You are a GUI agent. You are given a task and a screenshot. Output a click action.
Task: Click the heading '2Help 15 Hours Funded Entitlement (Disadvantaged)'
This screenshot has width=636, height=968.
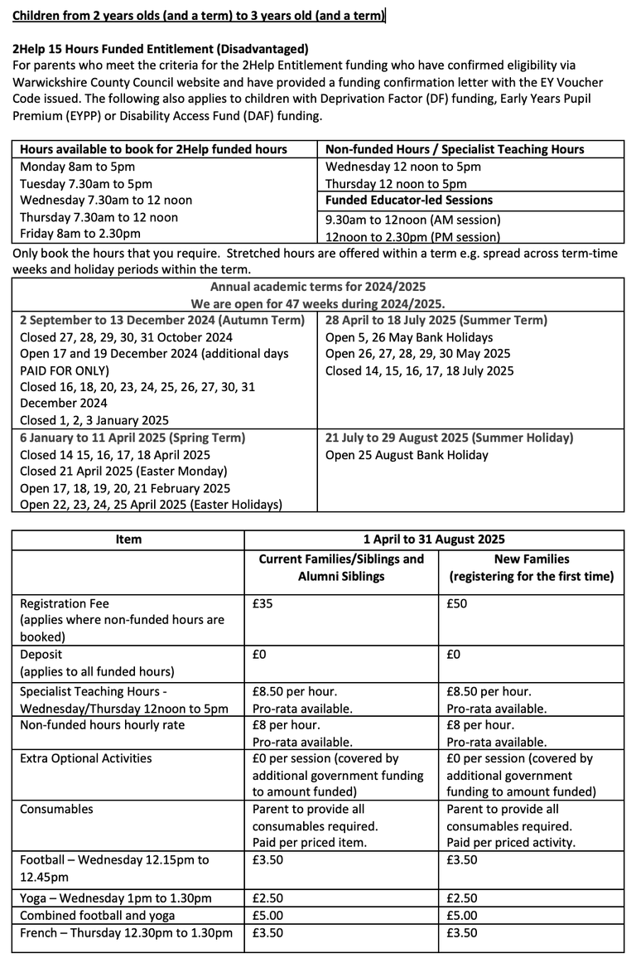[161, 49]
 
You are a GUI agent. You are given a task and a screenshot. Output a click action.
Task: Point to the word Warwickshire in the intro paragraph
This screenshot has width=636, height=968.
[53, 82]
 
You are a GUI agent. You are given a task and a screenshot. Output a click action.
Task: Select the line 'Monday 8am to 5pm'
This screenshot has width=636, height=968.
[73, 167]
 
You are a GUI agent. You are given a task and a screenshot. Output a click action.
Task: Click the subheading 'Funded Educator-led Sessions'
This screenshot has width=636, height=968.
[409, 201]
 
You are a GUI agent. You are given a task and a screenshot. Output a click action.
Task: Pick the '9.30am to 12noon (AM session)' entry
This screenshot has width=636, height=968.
[413, 220]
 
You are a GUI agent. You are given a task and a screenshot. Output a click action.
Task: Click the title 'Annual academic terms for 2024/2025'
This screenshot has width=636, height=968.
[317, 287]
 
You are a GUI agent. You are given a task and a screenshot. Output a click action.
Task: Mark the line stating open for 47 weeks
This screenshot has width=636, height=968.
[317, 303]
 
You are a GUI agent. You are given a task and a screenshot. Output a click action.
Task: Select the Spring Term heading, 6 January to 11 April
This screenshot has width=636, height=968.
[132, 438]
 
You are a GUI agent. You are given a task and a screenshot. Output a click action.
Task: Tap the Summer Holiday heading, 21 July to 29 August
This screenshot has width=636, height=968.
[449, 438]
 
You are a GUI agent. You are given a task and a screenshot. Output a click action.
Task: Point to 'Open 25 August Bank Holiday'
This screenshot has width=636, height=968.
[407, 455]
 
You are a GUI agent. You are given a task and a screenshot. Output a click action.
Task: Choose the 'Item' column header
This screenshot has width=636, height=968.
[128, 540]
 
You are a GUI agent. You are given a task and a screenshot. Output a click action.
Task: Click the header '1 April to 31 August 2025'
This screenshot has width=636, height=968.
[434, 540]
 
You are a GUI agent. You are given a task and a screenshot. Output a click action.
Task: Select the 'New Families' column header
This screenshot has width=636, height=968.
[532, 559]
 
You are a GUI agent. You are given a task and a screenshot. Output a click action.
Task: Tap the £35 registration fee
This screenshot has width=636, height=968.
[263, 604]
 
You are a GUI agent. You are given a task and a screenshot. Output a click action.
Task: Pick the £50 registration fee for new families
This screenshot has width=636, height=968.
[456, 604]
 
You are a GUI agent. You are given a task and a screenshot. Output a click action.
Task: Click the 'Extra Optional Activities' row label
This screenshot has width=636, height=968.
[86, 758]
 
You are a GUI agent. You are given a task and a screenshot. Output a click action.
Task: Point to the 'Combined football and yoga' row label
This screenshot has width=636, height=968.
[98, 916]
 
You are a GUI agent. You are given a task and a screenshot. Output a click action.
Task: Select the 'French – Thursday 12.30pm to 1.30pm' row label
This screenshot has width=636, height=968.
[126, 933]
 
